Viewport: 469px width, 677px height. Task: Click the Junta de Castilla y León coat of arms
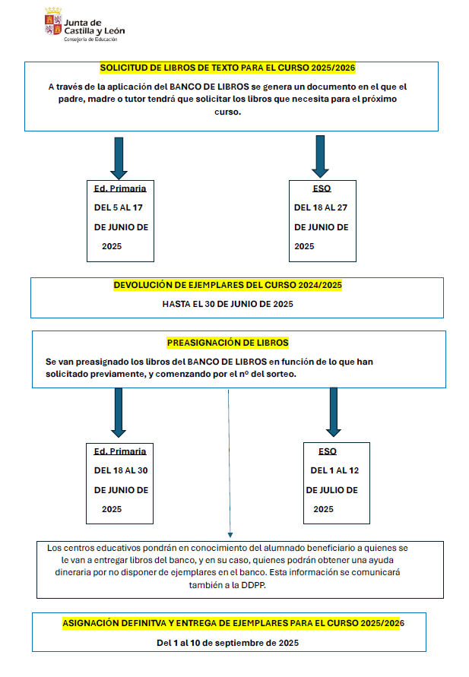point(53,21)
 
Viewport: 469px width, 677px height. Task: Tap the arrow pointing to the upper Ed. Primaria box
point(119,159)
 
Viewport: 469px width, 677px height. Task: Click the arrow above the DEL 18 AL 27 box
point(320,157)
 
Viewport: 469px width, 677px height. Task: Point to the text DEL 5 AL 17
point(119,207)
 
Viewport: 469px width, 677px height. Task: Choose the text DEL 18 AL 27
point(321,207)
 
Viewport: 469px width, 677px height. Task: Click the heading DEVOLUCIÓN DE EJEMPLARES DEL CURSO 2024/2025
point(227,285)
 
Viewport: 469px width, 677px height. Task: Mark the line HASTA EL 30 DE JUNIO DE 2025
point(227,304)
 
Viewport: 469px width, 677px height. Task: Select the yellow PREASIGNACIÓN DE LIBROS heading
point(227,343)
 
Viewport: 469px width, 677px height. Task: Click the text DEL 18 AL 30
point(121,470)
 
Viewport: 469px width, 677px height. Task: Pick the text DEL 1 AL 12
point(334,470)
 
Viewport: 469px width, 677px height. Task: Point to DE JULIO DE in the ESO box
point(331,490)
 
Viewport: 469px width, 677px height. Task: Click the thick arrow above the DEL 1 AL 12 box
point(334,413)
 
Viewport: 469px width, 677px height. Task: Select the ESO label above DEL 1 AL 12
point(328,451)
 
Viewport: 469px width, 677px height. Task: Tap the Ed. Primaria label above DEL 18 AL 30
point(120,451)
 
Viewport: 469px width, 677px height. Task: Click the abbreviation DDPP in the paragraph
point(253,585)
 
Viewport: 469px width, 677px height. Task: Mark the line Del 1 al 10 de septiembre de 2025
point(227,643)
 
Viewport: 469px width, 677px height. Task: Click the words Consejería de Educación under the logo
point(90,40)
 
